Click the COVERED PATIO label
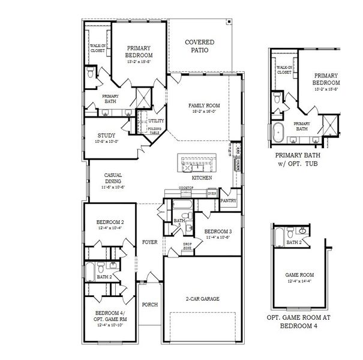[x=200, y=47]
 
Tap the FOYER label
[x=149, y=242]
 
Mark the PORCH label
[x=149, y=305]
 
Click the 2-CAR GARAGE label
[x=201, y=298]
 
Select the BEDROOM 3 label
[x=217, y=232]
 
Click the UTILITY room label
[x=148, y=121]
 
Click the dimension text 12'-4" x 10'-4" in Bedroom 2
[x=109, y=228]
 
